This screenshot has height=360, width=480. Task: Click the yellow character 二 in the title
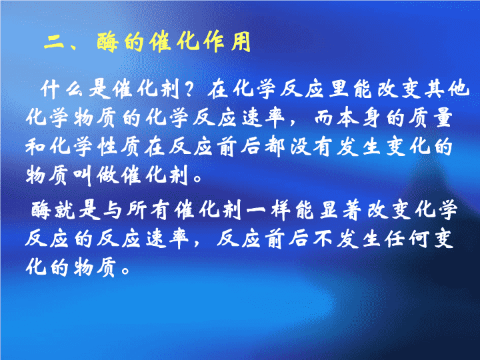click(x=55, y=42)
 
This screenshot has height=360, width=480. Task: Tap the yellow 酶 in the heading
click(x=108, y=42)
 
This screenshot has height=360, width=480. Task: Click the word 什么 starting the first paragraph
click(x=62, y=89)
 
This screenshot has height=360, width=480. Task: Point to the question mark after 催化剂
click(x=190, y=89)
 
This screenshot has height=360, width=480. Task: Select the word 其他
click(x=447, y=89)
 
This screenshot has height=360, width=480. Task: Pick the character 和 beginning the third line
click(x=36, y=147)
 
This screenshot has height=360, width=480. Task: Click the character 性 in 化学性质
click(x=108, y=147)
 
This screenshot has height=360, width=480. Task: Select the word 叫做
click(x=96, y=176)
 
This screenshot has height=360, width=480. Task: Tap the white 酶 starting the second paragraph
click(x=41, y=210)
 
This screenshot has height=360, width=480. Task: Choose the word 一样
click(x=270, y=210)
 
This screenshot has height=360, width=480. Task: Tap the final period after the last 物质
click(x=125, y=271)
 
